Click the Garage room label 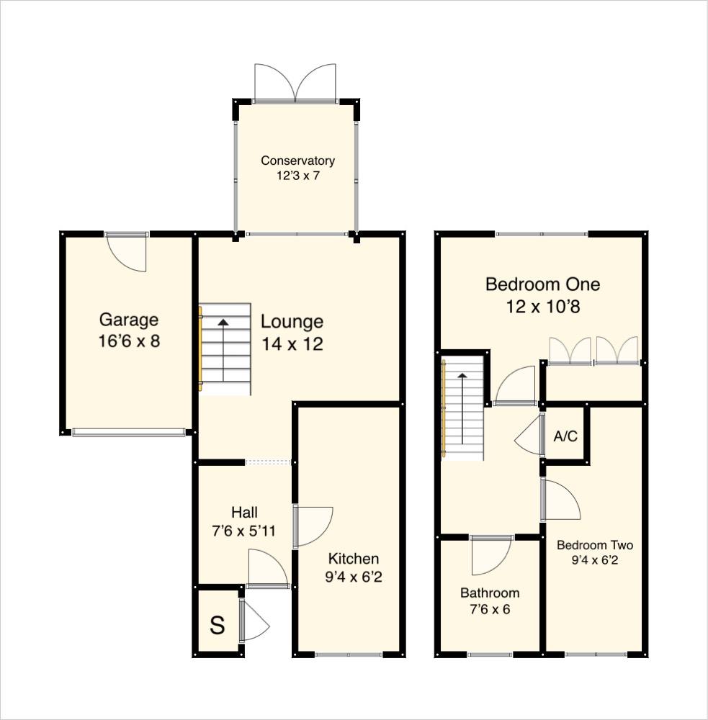128,320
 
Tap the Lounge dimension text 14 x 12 292,344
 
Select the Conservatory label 297,161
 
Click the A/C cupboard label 565,436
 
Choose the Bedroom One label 542,284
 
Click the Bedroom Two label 595,545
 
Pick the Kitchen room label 353,559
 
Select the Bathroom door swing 490,554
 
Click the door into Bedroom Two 560,500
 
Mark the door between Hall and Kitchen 313,526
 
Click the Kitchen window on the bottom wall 349,654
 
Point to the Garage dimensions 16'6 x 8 128,341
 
